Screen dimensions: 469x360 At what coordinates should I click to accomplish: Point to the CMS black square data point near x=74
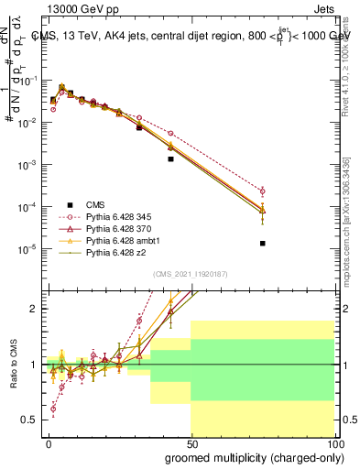[263, 244]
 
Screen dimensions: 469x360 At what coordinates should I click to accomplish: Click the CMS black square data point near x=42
[170, 158]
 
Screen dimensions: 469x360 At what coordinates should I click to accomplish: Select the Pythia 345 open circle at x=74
[263, 191]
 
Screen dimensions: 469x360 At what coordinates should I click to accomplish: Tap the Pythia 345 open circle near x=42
[170, 134]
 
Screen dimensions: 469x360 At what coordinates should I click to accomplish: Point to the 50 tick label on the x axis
[192, 443]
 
